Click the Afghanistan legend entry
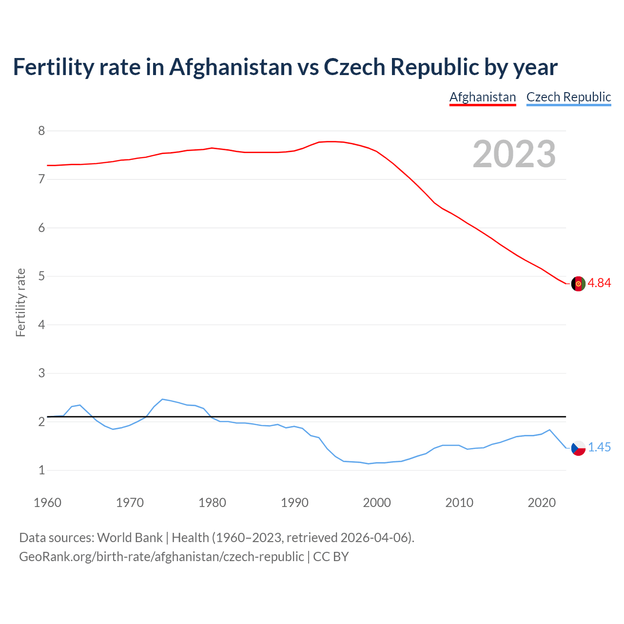(482, 97)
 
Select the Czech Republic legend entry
(568, 97)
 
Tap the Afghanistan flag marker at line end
(578, 283)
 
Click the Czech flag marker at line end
(578, 448)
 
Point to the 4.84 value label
(599, 283)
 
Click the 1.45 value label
(599, 448)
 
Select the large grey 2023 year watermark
(514, 154)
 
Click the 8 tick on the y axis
(41, 131)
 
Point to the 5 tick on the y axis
(41, 276)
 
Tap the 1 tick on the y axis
(41, 470)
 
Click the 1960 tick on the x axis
(47, 503)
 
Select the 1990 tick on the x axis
(294, 503)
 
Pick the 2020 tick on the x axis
(542, 503)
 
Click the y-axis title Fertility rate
(20, 302)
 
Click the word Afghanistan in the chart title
(231, 67)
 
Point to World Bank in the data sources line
(130, 538)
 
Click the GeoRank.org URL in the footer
(161, 557)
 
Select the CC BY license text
(331, 557)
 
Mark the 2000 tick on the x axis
(377, 503)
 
